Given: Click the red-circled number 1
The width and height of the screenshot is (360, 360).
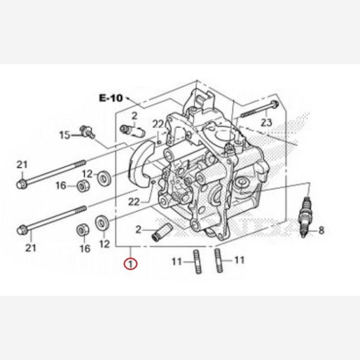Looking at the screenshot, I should pos(130,263).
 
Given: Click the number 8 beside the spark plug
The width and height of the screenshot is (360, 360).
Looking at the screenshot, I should pos(321,230).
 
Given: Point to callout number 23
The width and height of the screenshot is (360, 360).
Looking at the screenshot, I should pos(266,122).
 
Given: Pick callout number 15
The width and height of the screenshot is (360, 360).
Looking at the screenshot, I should pos(65,136).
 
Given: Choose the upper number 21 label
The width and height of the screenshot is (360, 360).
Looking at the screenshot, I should pos(22,165).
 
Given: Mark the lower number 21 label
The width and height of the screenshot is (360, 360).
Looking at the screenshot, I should pos(31,247).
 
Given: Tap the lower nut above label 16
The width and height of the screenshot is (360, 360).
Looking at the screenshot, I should pos(83,230).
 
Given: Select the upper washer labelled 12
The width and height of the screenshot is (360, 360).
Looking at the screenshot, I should pos(103,176).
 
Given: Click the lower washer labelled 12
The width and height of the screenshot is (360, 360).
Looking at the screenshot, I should pos(103,223).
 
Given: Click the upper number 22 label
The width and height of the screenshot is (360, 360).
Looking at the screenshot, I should pos(158,124).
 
